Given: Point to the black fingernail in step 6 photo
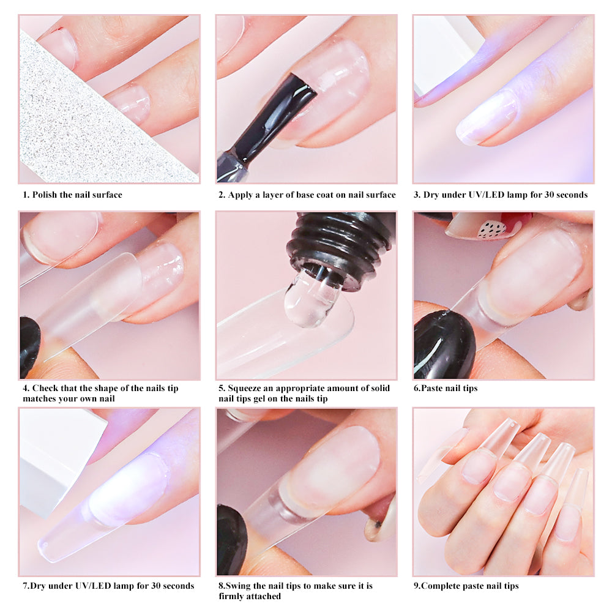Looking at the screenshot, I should pos(444,343).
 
